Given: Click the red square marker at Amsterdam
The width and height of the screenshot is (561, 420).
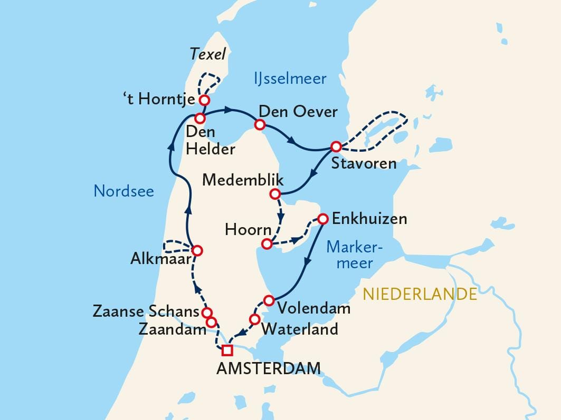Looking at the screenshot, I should (227, 350).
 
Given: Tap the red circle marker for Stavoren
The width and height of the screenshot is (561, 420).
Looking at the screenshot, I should (336, 146).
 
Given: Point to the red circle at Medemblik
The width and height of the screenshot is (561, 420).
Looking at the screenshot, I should (274, 194).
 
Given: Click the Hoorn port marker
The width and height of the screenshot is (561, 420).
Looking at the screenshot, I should (267, 243).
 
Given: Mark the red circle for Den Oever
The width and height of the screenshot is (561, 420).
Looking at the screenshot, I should (259, 125).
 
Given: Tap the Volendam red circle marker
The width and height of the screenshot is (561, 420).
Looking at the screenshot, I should (269, 300).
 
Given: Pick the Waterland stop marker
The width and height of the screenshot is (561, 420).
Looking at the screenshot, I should (254, 319).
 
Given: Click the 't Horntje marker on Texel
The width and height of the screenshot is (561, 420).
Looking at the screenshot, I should (204, 100).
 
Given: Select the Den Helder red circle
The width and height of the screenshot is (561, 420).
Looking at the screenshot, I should (200, 118).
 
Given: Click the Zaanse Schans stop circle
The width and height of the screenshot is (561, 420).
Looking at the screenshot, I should (207, 312).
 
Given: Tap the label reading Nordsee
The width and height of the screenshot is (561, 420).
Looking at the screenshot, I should (124, 191).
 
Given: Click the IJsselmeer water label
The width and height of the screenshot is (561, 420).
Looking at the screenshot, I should (287, 79).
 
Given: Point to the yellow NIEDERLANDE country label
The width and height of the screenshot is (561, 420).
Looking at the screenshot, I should (420, 294).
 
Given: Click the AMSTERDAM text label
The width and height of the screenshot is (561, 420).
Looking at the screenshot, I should (269, 368).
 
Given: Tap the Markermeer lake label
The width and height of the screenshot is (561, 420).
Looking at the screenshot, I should (354, 254).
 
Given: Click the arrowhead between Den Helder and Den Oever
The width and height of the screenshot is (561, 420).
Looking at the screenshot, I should (229, 110).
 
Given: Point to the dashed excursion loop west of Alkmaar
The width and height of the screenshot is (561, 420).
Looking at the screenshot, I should (176, 247).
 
